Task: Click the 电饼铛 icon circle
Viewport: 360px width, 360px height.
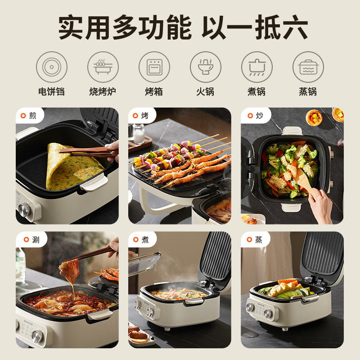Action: point(52,67)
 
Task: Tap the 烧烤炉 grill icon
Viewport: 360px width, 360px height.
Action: point(103,67)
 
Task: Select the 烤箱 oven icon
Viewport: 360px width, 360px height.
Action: point(154,67)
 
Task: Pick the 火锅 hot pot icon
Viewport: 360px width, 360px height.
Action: point(206,67)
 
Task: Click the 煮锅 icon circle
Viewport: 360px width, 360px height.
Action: point(257,67)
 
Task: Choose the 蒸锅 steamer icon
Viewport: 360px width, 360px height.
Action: point(308,67)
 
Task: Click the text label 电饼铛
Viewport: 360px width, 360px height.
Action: point(52,92)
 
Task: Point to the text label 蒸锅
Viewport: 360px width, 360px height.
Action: point(308,92)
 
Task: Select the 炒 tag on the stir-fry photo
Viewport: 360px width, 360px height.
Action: point(255,116)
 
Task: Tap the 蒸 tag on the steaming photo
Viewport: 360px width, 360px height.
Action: point(255,240)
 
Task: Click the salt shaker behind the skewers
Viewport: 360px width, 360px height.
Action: point(139,134)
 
